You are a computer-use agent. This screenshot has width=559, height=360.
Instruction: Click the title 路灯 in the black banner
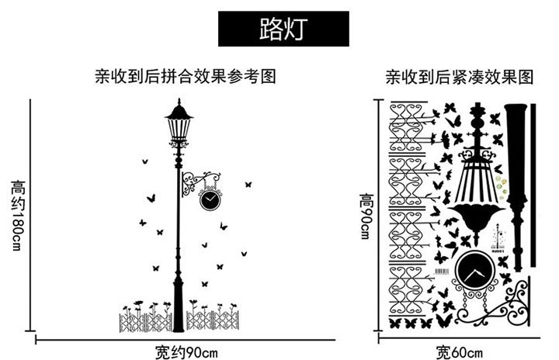[x=283, y=29]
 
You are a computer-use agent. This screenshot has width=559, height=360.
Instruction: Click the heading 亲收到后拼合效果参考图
[x=186, y=77]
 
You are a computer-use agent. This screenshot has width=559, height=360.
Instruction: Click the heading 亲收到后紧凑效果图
[x=460, y=77]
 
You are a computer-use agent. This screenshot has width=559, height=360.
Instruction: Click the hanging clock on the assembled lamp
[x=210, y=199]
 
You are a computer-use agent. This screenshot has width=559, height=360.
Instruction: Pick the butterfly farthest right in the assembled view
[x=248, y=185]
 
